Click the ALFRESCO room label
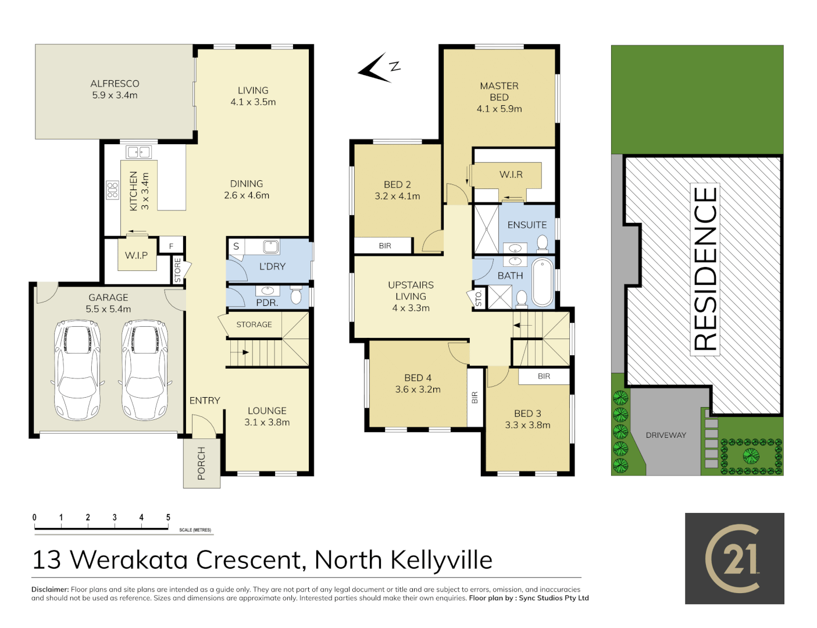[x=115, y=84]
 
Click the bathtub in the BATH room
[x=543, y=283]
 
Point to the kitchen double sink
[x=139, y=152]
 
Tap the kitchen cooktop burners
[x=112, y=190]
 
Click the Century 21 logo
[x=734, y=558]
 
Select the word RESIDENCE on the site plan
[x=705, y=268]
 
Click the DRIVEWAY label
[x=666, y=435]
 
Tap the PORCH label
[x=201, y=463]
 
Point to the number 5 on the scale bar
[x=168, y=518]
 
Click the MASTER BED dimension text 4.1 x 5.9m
[x=499, y=109]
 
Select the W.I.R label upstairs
[x=511, y=174]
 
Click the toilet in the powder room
[x=296, y=296]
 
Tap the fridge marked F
[x=171, y=246]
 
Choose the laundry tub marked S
[x=236, y=246]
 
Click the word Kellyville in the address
[x=441, y=560]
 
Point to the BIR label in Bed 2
[x=385, y=246]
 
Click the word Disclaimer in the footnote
[x=50, y=590]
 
